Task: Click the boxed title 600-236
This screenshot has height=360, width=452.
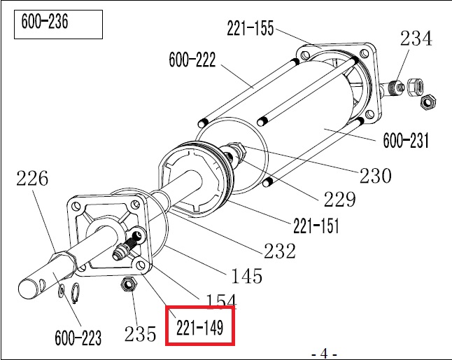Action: click(x=46, y=23)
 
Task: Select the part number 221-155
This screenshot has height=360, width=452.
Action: click(x=250, y=28)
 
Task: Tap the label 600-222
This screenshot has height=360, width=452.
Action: click(x=192, y=60)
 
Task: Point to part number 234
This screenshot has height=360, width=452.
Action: click(x=416, y=39)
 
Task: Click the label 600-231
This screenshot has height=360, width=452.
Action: click(x=407, y=140)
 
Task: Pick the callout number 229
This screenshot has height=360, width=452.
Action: click(x=339, y=200)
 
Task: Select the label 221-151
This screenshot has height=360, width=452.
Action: click(x=316, y=226)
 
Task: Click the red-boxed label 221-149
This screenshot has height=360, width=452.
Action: click(x=199, y=326)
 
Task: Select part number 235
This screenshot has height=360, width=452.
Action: click(x=141, y=334)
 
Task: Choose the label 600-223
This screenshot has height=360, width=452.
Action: click(x=78, y=338)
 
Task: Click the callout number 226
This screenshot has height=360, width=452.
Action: click(x=32, y=179)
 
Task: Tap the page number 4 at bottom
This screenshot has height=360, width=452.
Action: click(x=324, y=352)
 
